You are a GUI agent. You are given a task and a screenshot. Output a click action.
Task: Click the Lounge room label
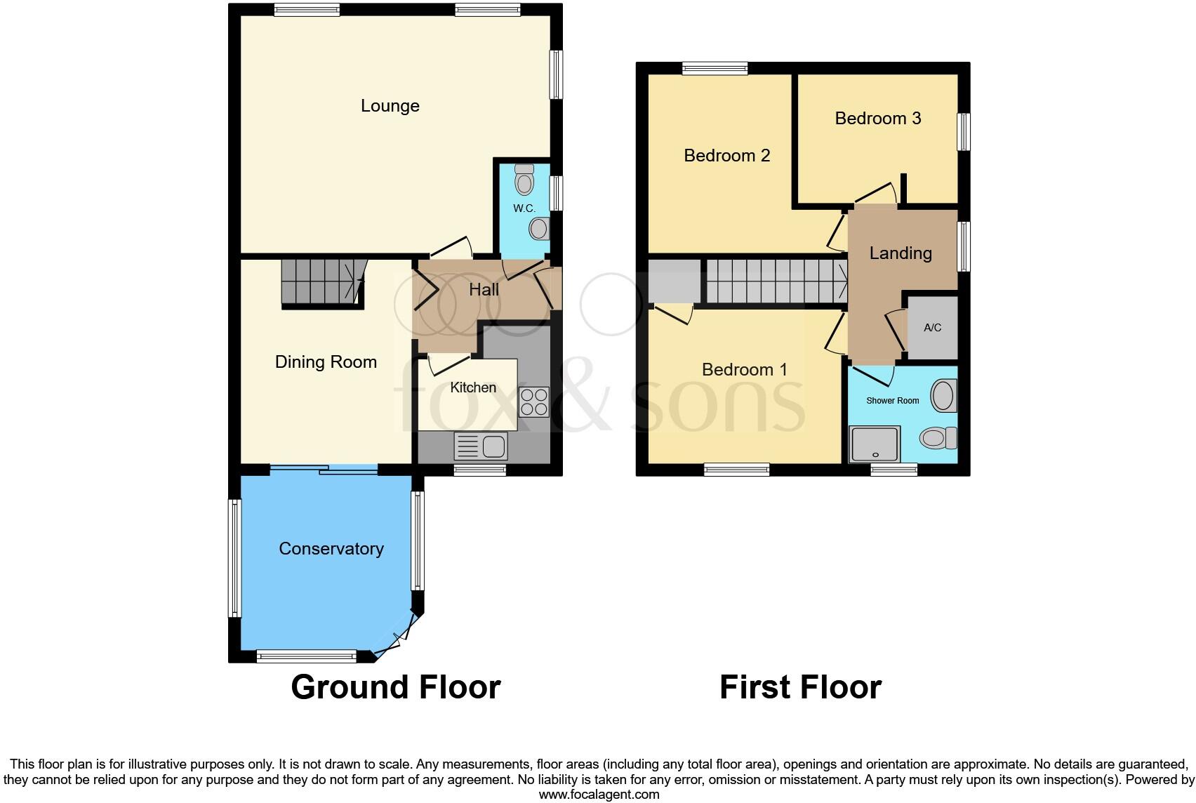390,106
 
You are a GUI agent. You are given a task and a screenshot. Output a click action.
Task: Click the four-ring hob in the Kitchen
533,402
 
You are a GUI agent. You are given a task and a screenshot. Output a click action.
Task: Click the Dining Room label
326,362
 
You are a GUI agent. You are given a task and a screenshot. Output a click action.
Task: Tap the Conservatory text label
331,549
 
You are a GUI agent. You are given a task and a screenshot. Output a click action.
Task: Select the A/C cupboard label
932,328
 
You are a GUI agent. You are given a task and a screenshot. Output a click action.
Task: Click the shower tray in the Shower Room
875,444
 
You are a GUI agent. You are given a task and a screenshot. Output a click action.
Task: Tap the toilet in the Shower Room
938,439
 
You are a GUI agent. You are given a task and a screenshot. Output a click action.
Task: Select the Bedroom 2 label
727,156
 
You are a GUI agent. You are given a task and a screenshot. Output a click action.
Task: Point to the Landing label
901,253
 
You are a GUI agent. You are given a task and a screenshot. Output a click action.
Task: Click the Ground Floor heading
396,687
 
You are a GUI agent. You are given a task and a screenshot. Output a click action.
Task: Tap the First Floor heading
800,687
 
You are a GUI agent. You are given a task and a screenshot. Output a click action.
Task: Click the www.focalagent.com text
599,795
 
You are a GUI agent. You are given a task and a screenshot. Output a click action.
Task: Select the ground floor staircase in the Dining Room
322,281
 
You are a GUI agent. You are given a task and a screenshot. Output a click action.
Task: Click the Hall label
484,290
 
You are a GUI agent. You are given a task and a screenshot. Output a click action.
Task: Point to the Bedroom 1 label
745,370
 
